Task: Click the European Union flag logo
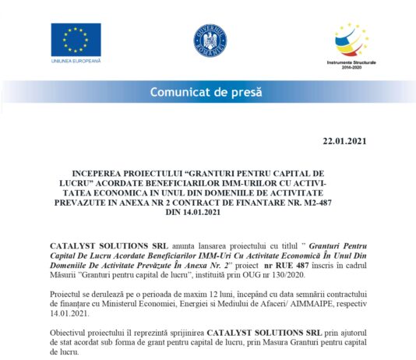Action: point(76,38)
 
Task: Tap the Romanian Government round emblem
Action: point(209,40)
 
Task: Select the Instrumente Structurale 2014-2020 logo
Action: point(351,43)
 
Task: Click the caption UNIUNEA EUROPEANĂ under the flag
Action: point(76,60)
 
